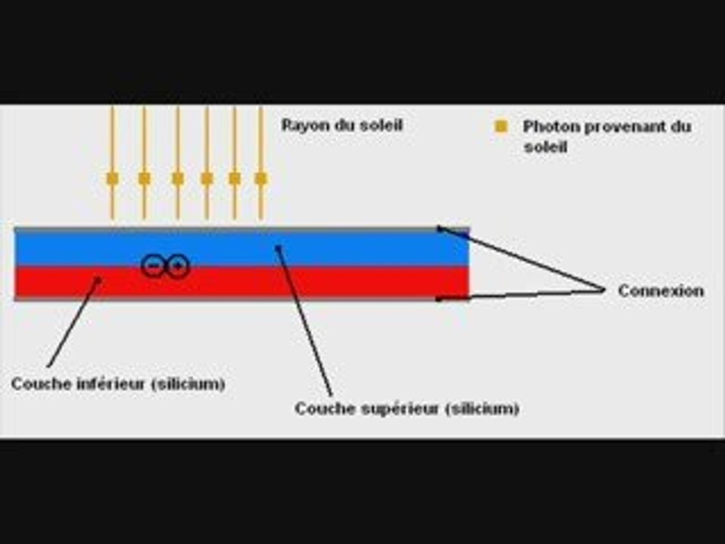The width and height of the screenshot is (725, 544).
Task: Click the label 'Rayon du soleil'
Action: pos(342,125)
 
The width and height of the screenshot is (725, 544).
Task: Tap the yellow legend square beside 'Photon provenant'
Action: pos(501,126)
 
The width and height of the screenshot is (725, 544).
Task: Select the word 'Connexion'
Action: pos(661,291)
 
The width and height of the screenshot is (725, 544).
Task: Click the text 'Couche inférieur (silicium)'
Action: pos(119,384)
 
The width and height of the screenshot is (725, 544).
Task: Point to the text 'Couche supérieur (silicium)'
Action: pos(407,409)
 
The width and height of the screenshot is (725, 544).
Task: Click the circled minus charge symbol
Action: pos(153,266)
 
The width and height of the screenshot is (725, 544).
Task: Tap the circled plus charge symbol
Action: pos(177,266)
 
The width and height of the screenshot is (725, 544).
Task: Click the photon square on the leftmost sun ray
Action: pos(113,178)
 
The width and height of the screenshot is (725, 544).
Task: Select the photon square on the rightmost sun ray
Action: pos(261,178)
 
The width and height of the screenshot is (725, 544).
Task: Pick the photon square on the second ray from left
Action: pos(144,178)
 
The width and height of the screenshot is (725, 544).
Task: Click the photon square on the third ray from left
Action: pos(177,178)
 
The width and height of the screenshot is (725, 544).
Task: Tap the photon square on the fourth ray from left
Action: pos(207,178)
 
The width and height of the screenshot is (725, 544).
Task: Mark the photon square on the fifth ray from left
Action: pos(234,178)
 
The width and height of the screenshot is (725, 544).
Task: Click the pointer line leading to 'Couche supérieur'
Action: pos(304,321)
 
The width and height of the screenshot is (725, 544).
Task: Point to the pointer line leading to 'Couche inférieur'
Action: pos(74,323)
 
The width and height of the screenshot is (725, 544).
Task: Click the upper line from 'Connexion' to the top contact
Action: pos(521,258)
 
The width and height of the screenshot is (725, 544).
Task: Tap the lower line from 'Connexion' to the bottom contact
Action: pos(520,295)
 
